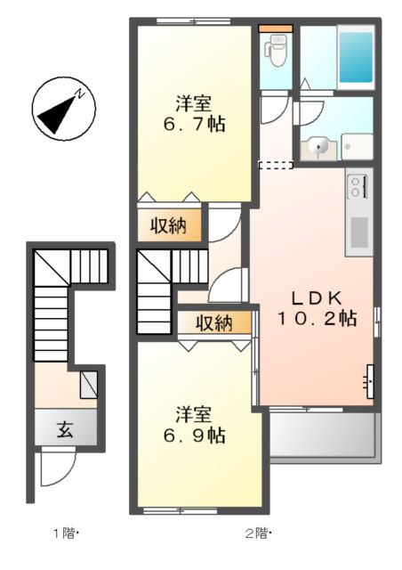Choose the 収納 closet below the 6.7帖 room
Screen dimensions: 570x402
(167, 225)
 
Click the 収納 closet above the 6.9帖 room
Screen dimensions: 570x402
(213, 322)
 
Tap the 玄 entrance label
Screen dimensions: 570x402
(65, 430)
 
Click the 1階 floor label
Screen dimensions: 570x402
(64, 534)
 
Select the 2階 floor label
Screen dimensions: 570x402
(255, 534)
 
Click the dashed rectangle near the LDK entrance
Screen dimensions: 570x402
(275, 164)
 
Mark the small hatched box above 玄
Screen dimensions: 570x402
(89, 386)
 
